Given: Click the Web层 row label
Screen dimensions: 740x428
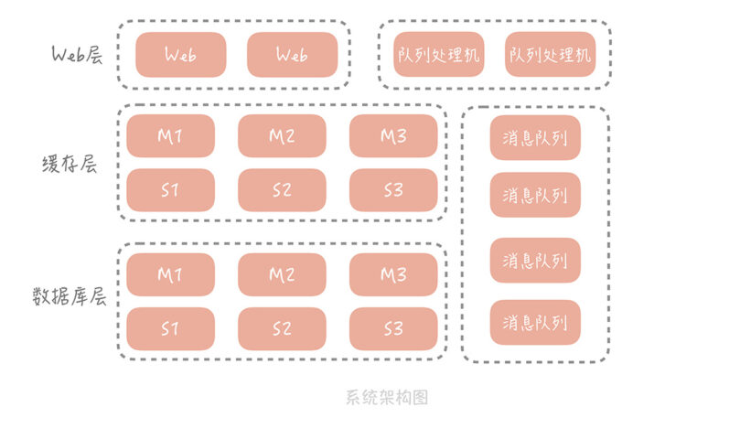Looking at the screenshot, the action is tap(77, 54).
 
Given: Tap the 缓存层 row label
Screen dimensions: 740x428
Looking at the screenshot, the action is tap(70, 165).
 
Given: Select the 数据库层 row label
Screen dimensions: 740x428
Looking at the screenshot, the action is tap(70, 296).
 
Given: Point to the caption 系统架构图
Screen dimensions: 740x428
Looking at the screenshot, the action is tap(387, 397).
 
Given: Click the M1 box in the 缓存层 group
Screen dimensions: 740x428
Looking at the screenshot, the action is tap(170, 136).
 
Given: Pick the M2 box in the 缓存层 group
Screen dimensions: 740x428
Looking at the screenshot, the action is tap(282, 136).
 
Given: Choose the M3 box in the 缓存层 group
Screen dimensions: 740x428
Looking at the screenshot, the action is tap(393, 136).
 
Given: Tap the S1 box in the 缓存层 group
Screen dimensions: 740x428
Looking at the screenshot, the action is tap(170, 190).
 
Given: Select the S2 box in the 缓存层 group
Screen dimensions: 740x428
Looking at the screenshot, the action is tap(282, 190).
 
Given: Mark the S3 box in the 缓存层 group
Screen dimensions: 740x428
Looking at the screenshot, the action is tap(393, 190).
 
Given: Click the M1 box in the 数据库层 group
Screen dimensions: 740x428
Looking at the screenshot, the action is tap(170, 274).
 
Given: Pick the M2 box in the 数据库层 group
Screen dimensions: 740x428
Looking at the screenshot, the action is tap(282, 274).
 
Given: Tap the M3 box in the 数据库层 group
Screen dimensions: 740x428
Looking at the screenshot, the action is tap(393, 274).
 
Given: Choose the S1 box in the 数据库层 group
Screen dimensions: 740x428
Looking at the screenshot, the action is tap(170, 329).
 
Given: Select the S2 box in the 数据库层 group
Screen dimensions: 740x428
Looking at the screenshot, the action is tap(282, 329).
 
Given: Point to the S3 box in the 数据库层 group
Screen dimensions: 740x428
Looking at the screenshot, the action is tap(393, 329).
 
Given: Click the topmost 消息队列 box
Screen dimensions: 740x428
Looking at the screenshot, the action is tap(535, 138).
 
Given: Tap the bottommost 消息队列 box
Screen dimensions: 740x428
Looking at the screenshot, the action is tap(535, 322).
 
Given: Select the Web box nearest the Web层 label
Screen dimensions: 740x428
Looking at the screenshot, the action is tap(181, 55).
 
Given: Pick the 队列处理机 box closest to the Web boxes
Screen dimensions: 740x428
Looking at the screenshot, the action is tap(439, 54).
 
